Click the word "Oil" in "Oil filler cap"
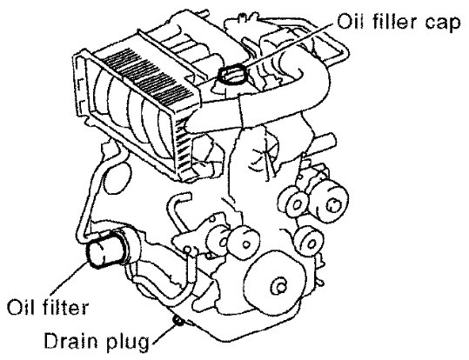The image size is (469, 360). [x=351, y=21]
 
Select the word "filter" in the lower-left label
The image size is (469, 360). [x=65, y=306]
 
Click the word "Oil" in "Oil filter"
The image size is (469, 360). [x=20, y=306]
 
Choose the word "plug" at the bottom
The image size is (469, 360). [x=128, y=342]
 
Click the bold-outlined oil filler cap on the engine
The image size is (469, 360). [x=232, y=75]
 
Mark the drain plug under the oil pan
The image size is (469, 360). [x=178, y=321]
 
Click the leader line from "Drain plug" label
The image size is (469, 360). [x=165, y=334]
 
